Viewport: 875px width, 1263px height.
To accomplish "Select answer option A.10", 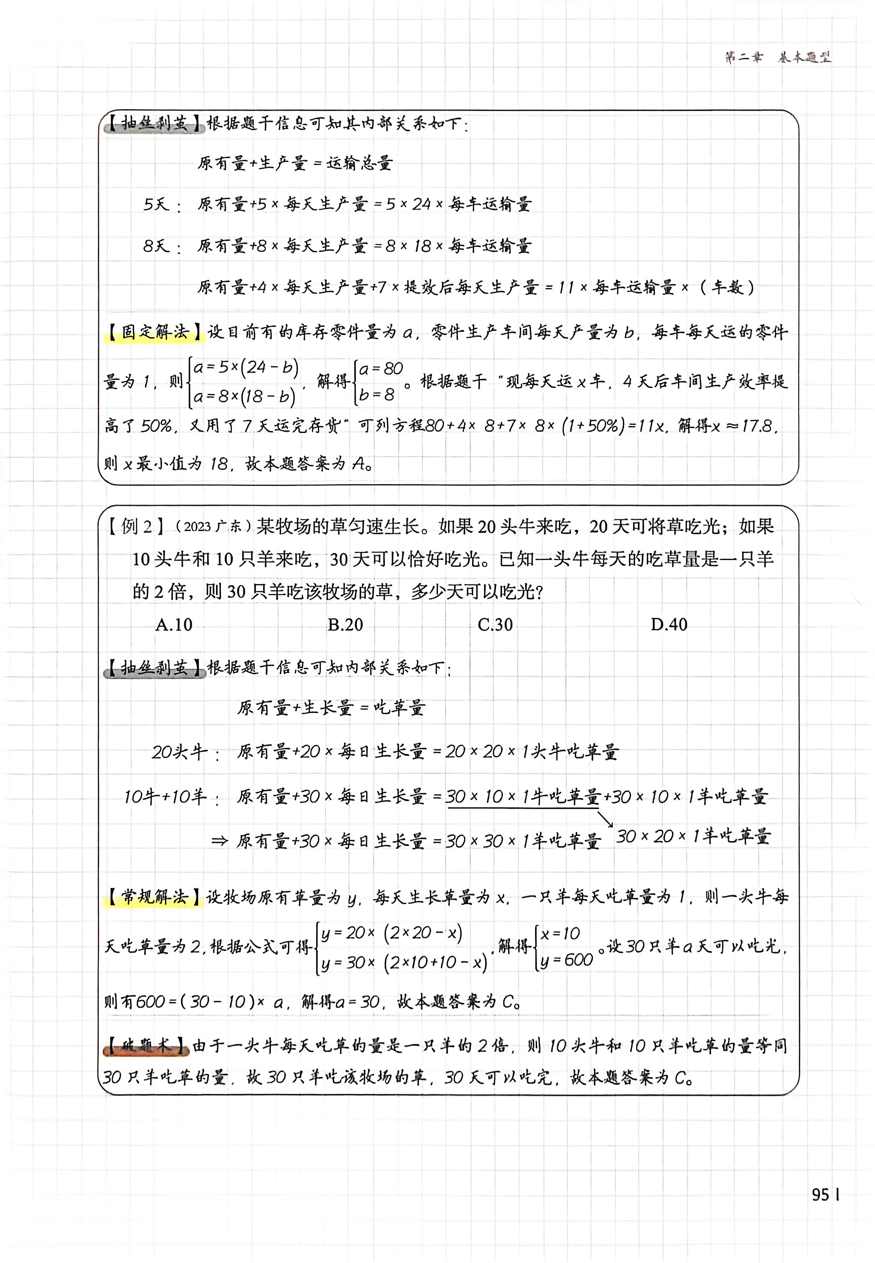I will [174, 624].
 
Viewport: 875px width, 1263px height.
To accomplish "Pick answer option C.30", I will [495, 624].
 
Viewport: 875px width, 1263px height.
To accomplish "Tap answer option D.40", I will [668, 624].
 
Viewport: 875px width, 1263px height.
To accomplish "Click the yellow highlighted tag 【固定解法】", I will [153, 332].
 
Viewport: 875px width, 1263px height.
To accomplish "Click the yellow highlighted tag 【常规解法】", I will [153, 897].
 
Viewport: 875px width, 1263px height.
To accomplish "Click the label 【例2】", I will [135, 527].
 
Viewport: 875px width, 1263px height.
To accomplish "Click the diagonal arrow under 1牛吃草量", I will [605, 819].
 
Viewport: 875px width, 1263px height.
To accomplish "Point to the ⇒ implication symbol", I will [219, 841].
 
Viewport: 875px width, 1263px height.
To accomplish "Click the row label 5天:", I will [162, 205].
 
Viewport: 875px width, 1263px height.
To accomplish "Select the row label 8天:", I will [162, 246].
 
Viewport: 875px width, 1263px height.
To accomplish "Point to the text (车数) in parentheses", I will [727, 287].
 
